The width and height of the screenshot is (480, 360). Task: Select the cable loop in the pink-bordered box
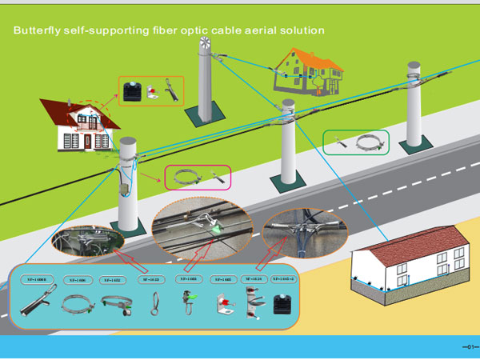186,177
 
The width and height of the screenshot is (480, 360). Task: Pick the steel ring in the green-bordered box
368,143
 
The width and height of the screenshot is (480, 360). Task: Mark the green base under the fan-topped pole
203,118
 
